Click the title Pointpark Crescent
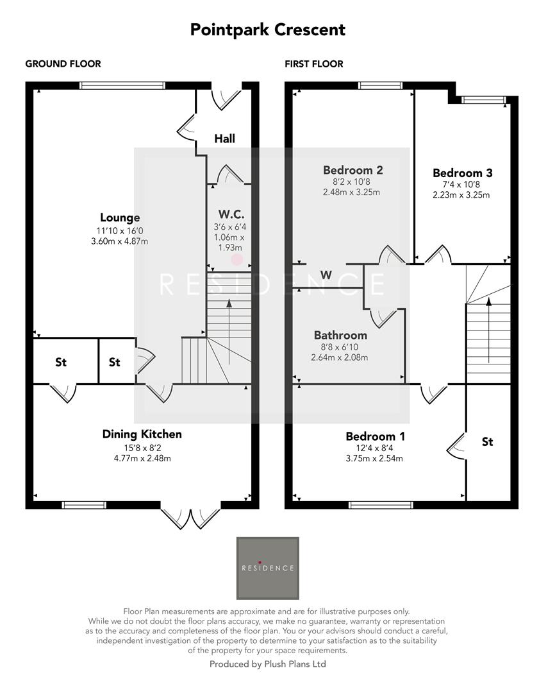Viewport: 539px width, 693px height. pyautogui.click(x=267, y=30)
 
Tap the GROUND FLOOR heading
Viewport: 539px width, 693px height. pyautogui.click(x=63, y=64)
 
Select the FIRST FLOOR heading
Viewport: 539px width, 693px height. pyautogui.click(x=314, y=64)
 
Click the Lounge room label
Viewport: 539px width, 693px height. pyautogui.click(x=120, y=218)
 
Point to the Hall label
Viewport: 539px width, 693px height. pyautogui.click(x=224, y=139)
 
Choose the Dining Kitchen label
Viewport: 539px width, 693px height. pyautogui.click(x=142, y=434)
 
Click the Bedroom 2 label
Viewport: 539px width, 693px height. pyautogui.click(x=352, y=170)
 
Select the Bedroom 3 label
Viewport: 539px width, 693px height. pyautogui.click(x=462, y=173)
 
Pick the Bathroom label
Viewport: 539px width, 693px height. pyautogui.click(x=340, y=335)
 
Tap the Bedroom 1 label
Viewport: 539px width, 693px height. pyautogui.click(x=376, y=436)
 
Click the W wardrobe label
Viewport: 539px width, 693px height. pyautogui.click(x=326, y=275)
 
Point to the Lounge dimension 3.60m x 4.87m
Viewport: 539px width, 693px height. pyautogui.click(x=120, y=241)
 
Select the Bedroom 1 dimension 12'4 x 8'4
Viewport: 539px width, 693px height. pyautogui.click(x=376, y=448)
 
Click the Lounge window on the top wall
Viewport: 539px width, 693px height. pyautogui.click(x=122, y=85)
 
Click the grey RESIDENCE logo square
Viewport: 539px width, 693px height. pyautogui.click(x=268, y=568)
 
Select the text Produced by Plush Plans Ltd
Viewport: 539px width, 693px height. pyautogui.click(x=267, y=664)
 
